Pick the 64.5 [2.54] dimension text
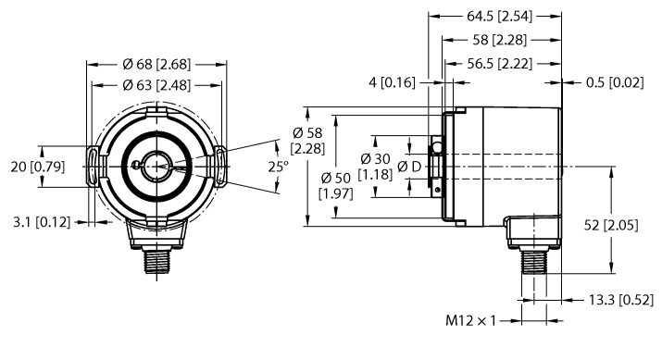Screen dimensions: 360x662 click(494, 17)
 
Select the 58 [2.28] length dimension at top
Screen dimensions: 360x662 click(501, 41)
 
